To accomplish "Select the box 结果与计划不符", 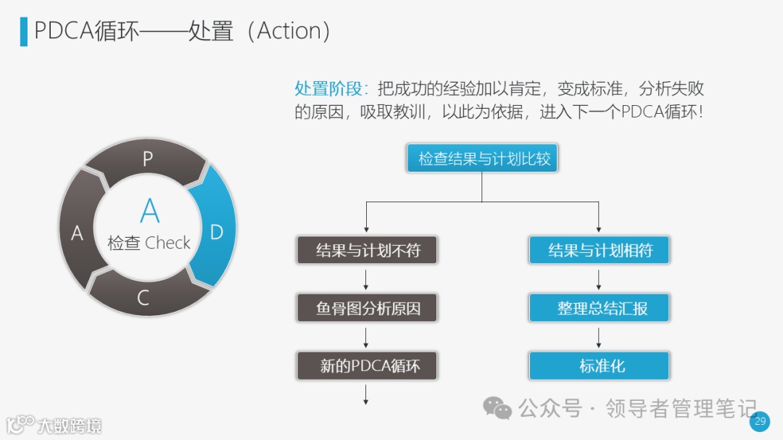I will (368, 251).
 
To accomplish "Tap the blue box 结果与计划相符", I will (599, 251).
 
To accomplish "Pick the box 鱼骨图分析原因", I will (368, 308).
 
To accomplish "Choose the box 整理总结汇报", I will (599, 308).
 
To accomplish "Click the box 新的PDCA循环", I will (368, 366).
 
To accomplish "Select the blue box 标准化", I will (599, 366).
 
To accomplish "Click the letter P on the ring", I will (147, 159).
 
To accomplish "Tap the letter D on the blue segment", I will (216, 232).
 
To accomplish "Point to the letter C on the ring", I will (143, 298).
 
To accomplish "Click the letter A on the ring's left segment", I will (77, 233).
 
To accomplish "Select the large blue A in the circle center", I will (149, 211).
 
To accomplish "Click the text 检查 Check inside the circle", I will (149, 243).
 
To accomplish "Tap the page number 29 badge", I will (760, 420).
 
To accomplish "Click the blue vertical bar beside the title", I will (24, 31).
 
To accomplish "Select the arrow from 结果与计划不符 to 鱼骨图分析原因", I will (366, 279).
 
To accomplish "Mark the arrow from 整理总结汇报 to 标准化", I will (599, 337).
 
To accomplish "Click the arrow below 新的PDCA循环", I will (366, 394).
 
